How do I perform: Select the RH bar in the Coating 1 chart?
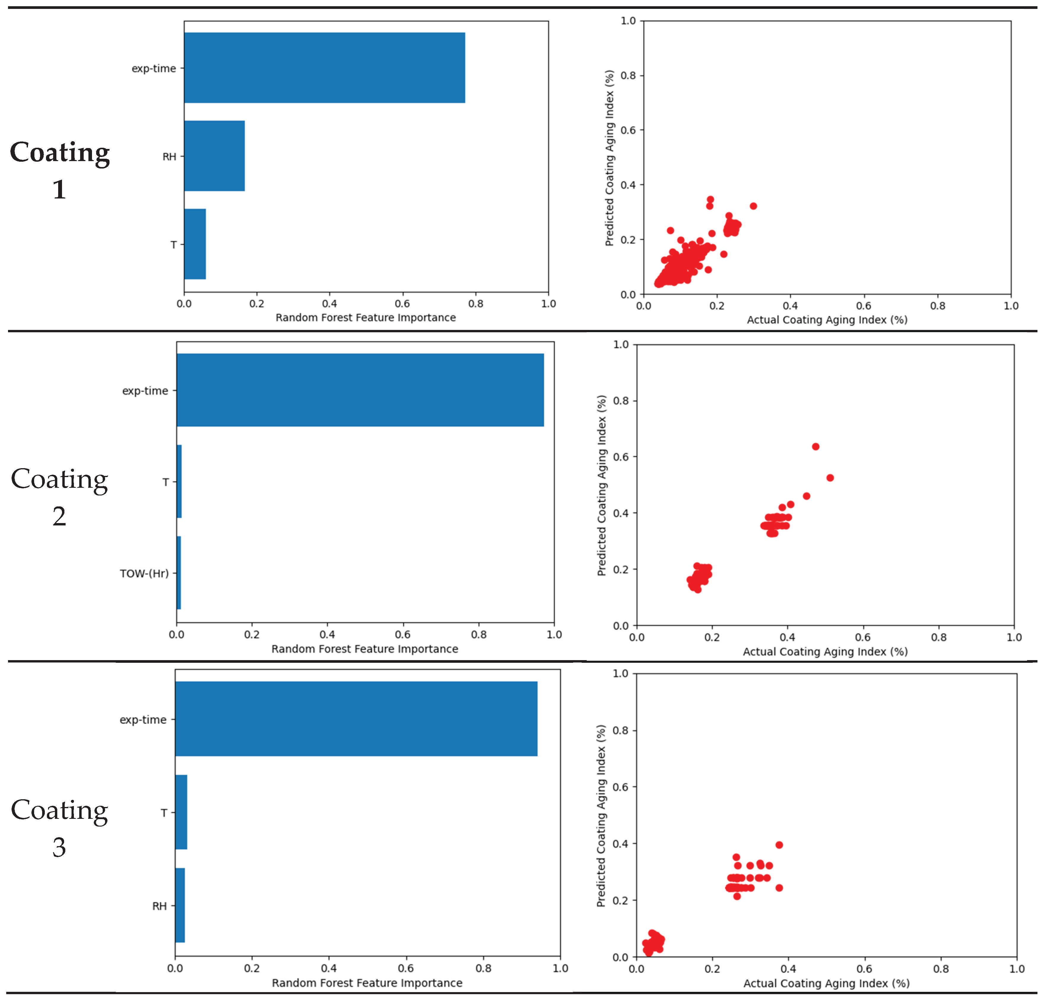click(x=214, y=156)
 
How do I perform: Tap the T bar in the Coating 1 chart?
click(x=195, y=244)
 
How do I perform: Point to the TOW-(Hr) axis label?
click(x=144, y=573)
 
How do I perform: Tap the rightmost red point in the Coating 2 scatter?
click(x=830, y=478)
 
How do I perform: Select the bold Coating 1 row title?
click(x=60, y=170)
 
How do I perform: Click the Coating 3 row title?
click(x=60, y=828)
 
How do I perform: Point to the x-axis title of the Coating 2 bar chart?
click(x=365, y=649)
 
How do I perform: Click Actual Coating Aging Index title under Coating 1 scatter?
click(x=827, y=320)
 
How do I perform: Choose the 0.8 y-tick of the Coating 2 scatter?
click(x=621, y=401)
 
